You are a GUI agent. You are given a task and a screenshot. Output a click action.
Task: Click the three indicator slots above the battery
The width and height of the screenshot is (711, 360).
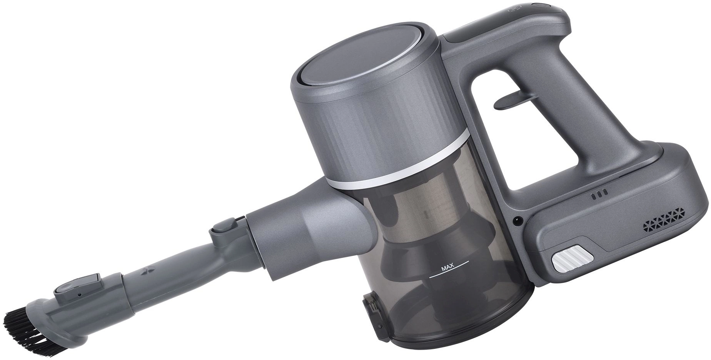point(599,195)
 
